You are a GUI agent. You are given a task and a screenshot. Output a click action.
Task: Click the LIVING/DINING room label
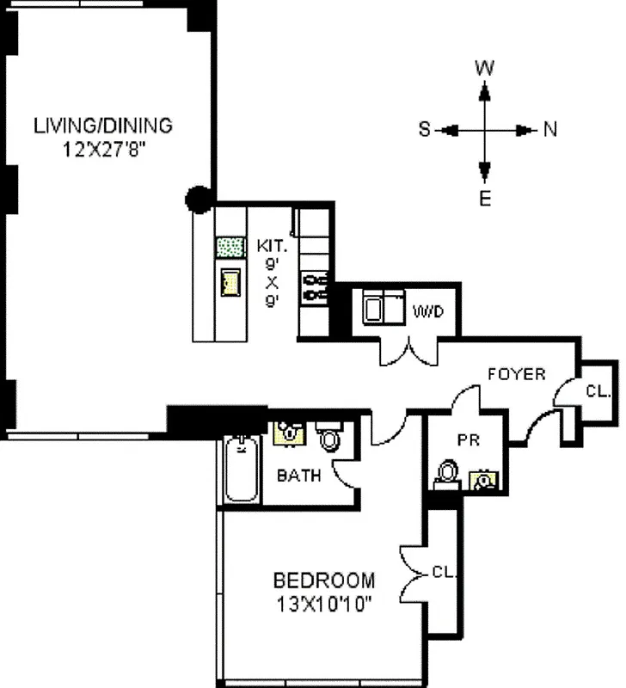pyautogui.click(x=103, y=125)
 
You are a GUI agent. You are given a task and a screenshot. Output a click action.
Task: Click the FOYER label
pyautogui.click(x=517, y=374)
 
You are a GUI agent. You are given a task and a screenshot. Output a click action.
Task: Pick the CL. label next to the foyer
pyautogui.click(x=598, y=391)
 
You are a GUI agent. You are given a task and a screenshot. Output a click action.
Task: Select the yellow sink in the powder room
pyautogui.click(x=486, y=479)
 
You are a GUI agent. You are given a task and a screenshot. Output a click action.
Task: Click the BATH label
pyautogui.click(x=298, y=475)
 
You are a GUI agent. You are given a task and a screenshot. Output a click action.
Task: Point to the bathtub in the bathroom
pyautogui.click(x=242, y=470)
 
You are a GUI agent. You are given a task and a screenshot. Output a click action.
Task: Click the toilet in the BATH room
pyautogui.click(x=329, y=437)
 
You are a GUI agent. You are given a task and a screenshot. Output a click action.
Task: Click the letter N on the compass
pyautogui.click(x=550, y=130)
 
